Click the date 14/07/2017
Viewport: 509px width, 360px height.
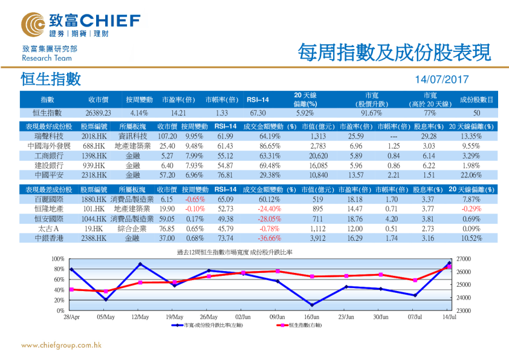(442, 80)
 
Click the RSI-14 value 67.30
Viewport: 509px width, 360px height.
(258, 113)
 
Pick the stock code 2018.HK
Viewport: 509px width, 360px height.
(94, 136)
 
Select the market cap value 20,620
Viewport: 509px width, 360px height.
(317, 156)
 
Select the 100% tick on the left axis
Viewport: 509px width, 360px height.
(59, 259)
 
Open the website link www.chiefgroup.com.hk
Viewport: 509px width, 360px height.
(61, 346)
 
